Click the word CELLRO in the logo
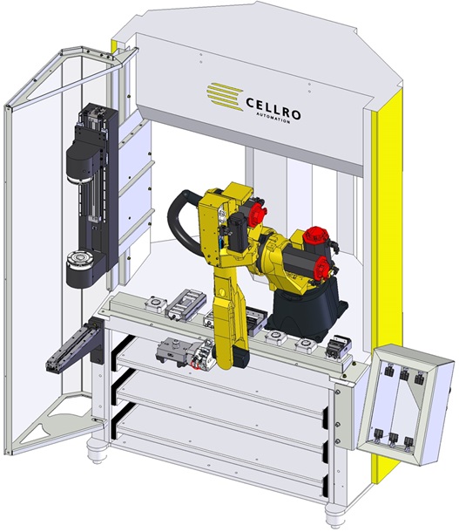coord(273,108)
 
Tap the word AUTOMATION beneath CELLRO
coord(273,118)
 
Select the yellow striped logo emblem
coord(226,96)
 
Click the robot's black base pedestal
coord(307,310)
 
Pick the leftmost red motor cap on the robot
coord(257,212)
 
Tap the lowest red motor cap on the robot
coord(321,268)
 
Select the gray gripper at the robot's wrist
coord(186,353)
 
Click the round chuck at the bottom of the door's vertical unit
coord(80,269)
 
